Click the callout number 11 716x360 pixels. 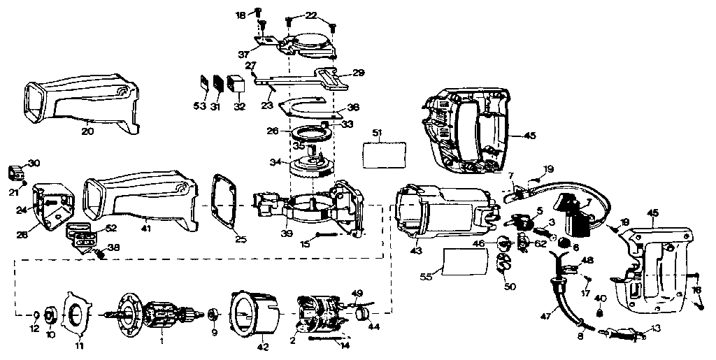click(78, 344)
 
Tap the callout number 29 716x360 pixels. click(358, 73)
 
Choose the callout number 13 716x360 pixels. click(655, 328)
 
